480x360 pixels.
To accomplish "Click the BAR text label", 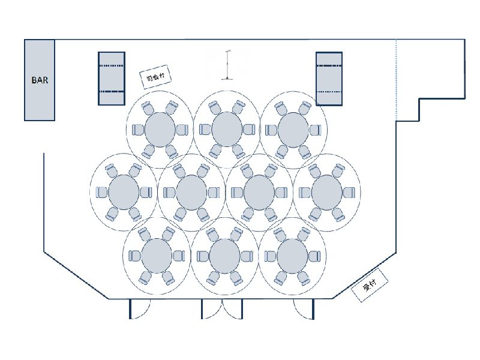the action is pyautogui.click(x=40, y=80).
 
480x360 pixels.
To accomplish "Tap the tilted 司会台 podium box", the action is pyautogui.click(x=155, y=77).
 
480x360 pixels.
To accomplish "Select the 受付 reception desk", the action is pyautogui.click(x=370, y=285).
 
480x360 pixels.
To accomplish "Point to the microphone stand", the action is pyautogui.click(x=227, y=65).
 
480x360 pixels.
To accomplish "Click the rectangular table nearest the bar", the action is pyautogui.click(x=112, y=79).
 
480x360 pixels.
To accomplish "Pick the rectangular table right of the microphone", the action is pyautogui.click(x=329, y=79).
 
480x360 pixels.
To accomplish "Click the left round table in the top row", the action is pyautogui.click(x=160, y=130).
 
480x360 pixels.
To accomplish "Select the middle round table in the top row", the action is pyautogui.click(x=227, y=130).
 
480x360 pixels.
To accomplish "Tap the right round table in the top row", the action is pyautogui.click(x=293, y=130).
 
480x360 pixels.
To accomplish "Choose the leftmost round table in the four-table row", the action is pyautogui.click(x=124, y=192).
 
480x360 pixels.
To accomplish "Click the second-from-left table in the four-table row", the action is pyautogui.click(x=191, y=192).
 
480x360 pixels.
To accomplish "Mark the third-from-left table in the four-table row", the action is pyautogui.click(x=259, y=192).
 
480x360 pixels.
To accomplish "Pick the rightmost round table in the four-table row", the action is pyautogui.click(x=327, y=193).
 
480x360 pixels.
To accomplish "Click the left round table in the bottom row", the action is pyautogui.click(x=157, y=256).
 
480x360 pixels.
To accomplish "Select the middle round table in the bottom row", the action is pyautogui.click(x=224, y=256).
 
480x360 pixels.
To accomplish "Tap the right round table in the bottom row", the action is pyautogui.click(x=292, y=256).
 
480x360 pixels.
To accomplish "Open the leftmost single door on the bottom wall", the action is pyautogui.click(x=140, y=309).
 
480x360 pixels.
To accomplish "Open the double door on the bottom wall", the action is pyautogui.click(x=222, y=309).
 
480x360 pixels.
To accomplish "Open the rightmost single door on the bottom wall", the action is pyautogui.click(x=304, y=309).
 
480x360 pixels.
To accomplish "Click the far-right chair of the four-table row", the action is pyautogui.click(x=349, y=193).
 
